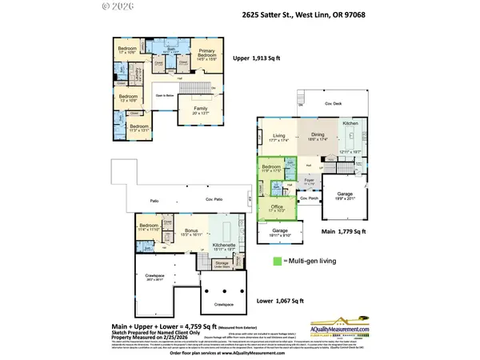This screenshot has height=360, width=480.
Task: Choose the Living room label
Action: pyautogui.click(x=278, y=136)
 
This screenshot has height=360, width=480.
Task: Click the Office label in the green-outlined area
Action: pyautogui.click(x=277, y=206)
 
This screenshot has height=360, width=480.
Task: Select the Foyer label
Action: pyautogui.click(x=309, y=181)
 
